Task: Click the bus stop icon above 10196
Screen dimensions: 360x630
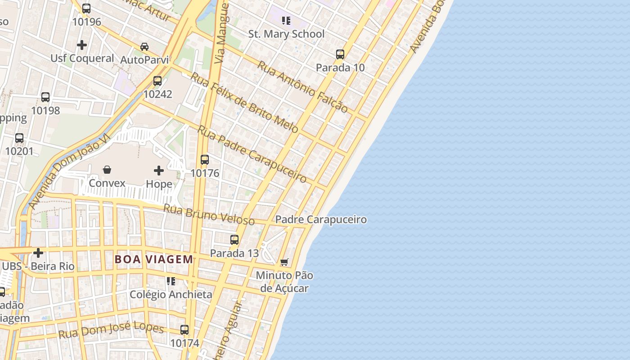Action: coord(86,9)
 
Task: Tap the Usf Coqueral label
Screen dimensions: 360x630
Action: coord(82,58)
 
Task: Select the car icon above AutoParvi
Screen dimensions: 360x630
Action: coord(144,46)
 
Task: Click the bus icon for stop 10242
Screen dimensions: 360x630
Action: coord(157,81)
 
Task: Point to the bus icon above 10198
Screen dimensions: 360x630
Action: coord(45,97)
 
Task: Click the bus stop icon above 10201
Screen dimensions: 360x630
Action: coord(19,138)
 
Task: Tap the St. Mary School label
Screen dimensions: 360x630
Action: coord(286,34)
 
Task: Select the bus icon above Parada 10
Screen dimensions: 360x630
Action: coord(340,54)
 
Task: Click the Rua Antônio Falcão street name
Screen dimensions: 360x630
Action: coord(302,87)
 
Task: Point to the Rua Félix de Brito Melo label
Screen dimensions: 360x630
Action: coord(244,103)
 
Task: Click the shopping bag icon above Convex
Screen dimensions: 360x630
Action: coord(107,170)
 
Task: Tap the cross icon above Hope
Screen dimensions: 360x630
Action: coord(159,171)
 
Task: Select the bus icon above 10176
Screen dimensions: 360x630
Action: coord(205,160)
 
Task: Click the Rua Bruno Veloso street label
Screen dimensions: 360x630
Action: coord(209,215)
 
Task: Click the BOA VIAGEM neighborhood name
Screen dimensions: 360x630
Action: coord(154,260)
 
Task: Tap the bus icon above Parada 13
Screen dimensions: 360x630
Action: coord(234,240)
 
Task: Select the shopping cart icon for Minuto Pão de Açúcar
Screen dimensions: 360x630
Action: coord(284,262)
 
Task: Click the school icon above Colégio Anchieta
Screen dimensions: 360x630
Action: coord(171,281)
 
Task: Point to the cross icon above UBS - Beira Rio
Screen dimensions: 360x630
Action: coord(38,253)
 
